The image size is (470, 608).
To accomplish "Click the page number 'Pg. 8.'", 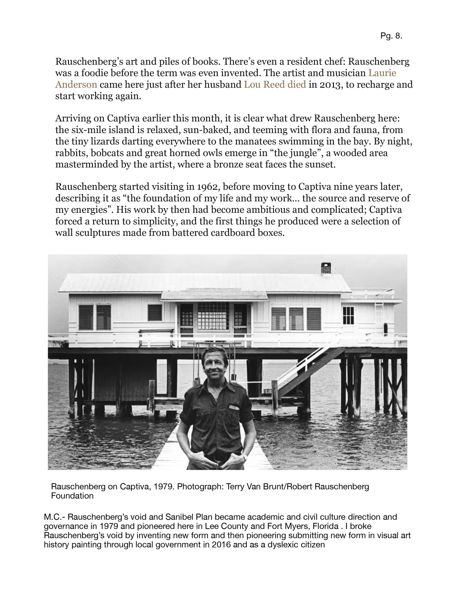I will [x=391, y=36].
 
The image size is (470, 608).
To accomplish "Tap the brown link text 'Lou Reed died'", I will [x=275, y=84].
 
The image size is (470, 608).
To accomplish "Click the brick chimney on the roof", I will [x=326, y=268].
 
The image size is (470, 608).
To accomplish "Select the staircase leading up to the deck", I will [x=309, y=370].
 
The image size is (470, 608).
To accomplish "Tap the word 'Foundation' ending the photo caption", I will [x=72, y=496].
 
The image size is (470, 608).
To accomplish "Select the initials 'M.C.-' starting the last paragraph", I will [x=54, y=517].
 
